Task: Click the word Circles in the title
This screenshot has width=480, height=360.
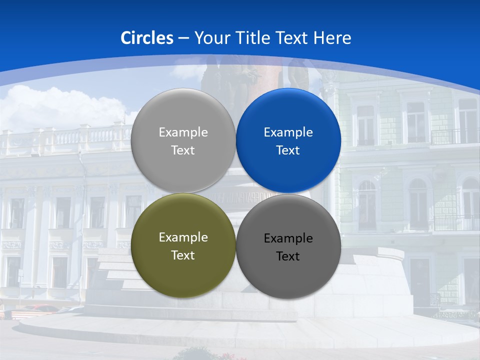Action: [146, 38]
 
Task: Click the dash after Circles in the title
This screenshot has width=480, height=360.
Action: [183, 38]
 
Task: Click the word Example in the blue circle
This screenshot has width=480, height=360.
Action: [288, 132]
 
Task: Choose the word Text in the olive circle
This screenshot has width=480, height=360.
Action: [183, 255]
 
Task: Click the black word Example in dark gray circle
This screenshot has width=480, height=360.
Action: [288, 238]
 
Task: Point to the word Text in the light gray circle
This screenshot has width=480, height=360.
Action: [183, 150]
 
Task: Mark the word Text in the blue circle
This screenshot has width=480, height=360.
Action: [288, 150]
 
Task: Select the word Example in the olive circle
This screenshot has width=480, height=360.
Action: [183, 237]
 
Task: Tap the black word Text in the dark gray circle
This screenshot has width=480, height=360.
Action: [288, 256]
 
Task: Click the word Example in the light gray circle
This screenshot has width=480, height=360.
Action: [183, 132]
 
